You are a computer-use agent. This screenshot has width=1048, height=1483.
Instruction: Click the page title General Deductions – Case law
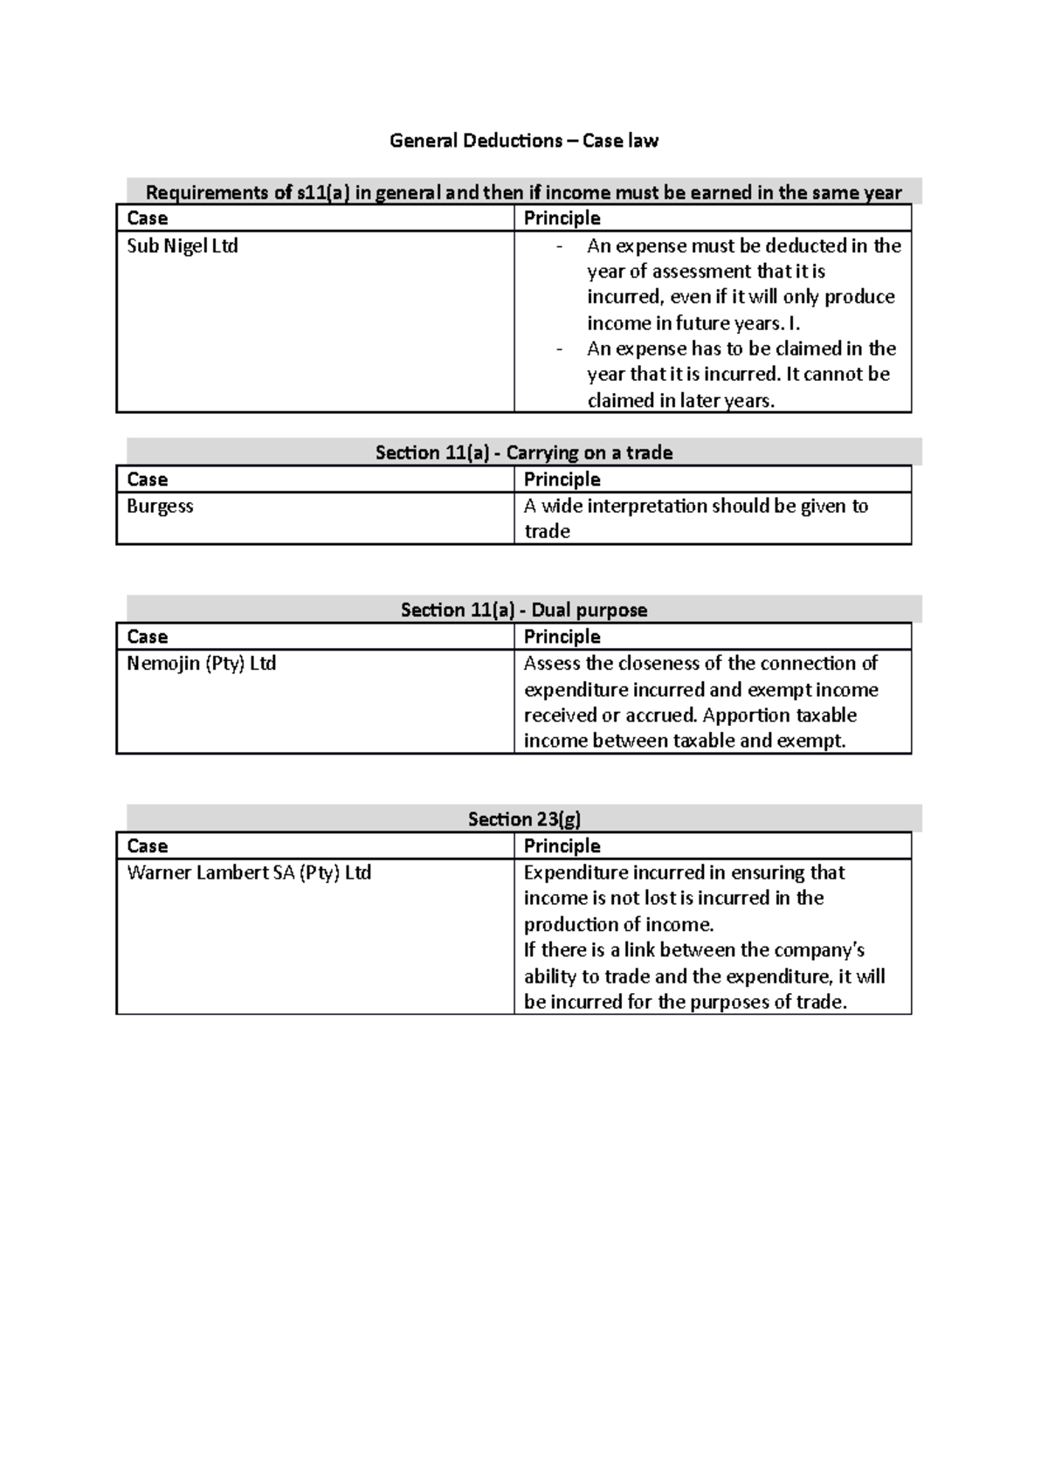(524, 141)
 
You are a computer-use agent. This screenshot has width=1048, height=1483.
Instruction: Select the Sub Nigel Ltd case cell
(183, 246)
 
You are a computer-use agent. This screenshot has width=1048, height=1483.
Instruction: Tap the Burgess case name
(160, 507)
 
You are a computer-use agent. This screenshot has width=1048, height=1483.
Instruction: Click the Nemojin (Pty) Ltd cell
(201, 664)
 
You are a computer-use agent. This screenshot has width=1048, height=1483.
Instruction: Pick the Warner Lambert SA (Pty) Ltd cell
(249, 873)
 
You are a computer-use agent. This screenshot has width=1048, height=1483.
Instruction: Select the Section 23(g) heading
(524, 818)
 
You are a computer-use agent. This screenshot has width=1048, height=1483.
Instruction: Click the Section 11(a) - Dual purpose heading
(524, 610)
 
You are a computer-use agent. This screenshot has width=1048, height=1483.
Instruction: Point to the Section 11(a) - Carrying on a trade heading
(524, 452)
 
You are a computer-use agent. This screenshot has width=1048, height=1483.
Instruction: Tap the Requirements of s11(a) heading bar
(524, 192)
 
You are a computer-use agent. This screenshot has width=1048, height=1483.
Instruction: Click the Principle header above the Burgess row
(562, 479)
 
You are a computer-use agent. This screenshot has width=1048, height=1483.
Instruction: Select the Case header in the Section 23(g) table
(147, 846)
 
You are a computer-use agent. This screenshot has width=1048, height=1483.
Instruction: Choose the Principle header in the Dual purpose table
(562, 637)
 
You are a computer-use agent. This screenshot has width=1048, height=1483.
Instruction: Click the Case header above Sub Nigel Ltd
(147, 218)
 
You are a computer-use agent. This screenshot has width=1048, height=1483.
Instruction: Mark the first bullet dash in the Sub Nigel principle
(559, 247)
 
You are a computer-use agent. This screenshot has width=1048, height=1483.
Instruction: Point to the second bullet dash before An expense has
(559, 350)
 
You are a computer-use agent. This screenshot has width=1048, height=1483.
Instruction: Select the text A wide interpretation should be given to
(695, 507)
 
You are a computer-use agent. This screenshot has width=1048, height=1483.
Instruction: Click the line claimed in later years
(680, 401)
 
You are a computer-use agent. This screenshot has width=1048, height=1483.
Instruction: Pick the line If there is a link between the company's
(694, 950)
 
